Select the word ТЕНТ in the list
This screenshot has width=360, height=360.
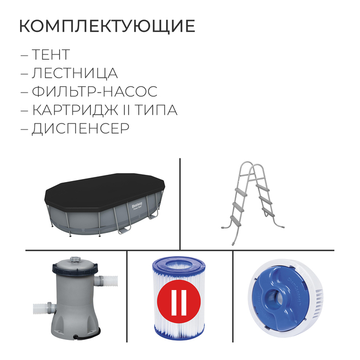coord(50,55)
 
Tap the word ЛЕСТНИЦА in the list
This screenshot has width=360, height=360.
coord(75,73)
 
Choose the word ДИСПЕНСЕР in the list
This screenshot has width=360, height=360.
coord(80,129)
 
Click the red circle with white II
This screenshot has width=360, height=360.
coord(178,304)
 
